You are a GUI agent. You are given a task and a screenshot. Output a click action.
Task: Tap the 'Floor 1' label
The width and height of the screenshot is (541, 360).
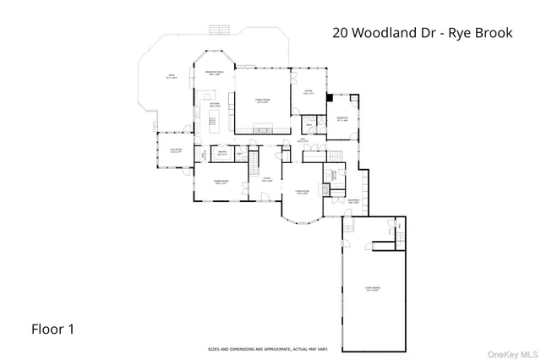[x=53, y=329]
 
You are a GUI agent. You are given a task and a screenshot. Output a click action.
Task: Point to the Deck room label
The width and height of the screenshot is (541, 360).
[x=171, y=76]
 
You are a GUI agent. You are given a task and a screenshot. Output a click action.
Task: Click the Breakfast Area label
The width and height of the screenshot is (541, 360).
[x=214, y=74]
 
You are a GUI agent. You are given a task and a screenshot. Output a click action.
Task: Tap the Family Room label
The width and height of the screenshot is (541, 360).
[x=262, y=100]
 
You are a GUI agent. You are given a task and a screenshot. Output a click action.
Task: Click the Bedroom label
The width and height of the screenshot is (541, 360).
[x=342, y=118]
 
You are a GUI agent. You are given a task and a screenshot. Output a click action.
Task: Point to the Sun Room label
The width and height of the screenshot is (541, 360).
[x=175, y=152]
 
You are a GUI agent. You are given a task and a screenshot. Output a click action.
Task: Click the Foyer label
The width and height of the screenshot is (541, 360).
[x=266, y=179]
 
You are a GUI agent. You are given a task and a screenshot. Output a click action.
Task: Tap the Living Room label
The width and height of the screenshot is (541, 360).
[x=301, y=192]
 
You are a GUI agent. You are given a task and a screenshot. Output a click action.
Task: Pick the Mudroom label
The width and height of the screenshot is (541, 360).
[x=355, y=201]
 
